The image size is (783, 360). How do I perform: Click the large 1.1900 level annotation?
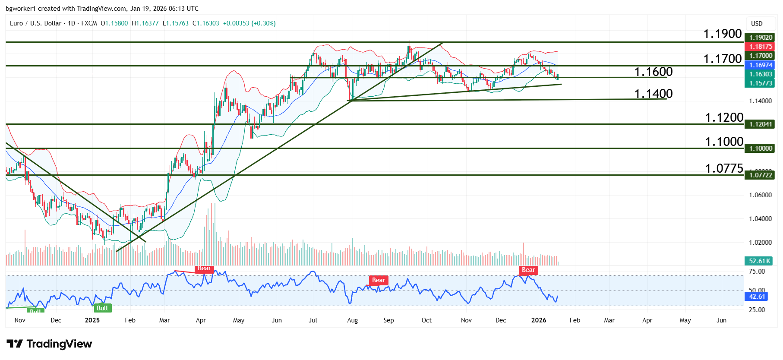(x=722, y=34)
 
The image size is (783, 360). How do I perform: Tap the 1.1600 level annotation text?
(x=653, y=72)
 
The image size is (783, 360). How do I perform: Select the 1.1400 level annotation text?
(x=653, y=94)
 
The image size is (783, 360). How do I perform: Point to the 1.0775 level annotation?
(x=724, y=168)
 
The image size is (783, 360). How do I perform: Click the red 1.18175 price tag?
(x=760, y=47)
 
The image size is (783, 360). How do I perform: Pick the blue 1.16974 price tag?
(x=760, y=65)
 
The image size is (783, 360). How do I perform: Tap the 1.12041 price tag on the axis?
(x=760, y=124)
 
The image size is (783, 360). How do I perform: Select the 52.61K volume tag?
(x=759, y=261)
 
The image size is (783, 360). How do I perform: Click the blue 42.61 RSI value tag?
(x=757, y=297)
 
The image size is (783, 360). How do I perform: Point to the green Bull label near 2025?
(x=102, y=308)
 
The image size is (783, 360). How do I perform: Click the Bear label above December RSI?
(x=528, y=270)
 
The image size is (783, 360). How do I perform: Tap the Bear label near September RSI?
(x=379, y=280)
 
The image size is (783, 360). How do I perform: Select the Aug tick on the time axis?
(x=352, y=320)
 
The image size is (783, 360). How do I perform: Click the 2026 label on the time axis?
(x=538, y=320)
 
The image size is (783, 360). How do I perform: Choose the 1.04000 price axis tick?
(x=760, y=219)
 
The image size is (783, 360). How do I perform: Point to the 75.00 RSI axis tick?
(x=757, y=272)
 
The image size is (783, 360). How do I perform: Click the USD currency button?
(x=757, y=24)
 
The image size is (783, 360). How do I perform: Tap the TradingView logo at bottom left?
(x=49, y=344)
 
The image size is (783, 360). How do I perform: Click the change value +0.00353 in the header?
(x=236, y=23)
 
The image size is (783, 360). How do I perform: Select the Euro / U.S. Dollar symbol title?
(x=35, y=23)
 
